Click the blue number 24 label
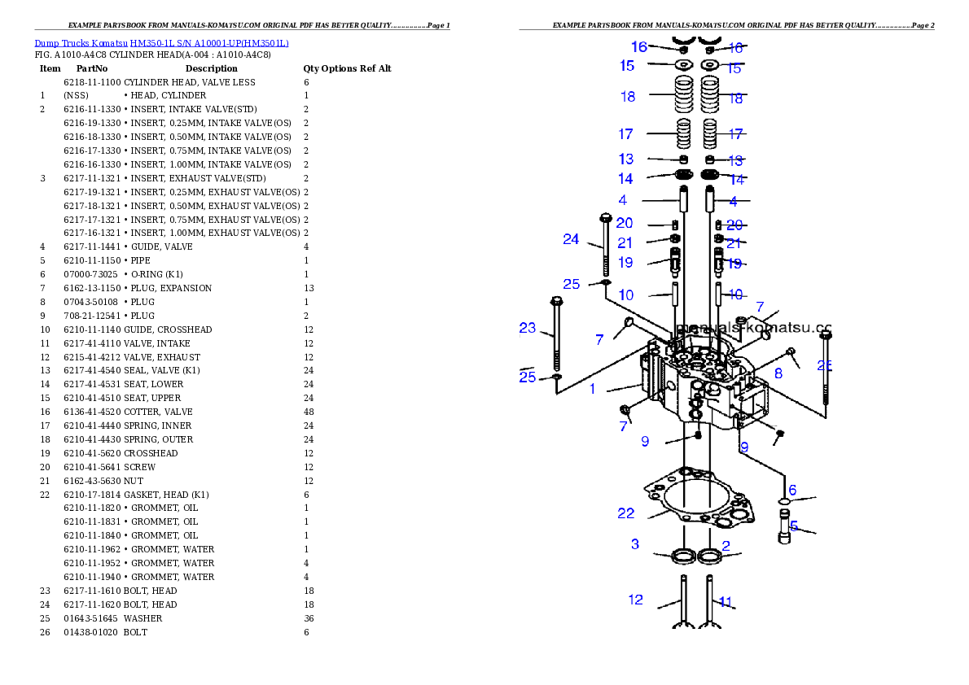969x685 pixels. tap(571, 239)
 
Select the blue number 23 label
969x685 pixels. tap(528, 329)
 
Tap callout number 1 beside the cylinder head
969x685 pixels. tap(593, 389)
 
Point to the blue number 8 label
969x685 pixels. tap(778, 374)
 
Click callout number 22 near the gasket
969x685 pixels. tap(625, 513)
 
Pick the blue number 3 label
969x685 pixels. tap(635, 544)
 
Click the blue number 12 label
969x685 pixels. tap(636, 600)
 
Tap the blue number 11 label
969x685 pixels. tap(724, 603)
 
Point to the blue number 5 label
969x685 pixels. tap(793, 526)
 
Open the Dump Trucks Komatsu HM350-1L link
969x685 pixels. tap(161, 43)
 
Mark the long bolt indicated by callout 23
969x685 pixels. tap(557, 342)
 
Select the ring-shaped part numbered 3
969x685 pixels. tap(683, 556)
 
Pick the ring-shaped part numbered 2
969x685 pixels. tap(710, 556)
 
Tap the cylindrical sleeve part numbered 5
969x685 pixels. tap(785, 530)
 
